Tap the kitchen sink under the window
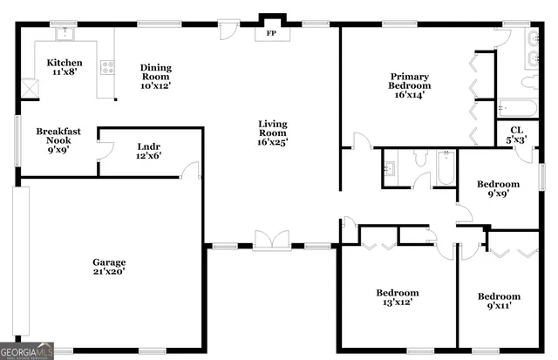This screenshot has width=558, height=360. tap(63, 35)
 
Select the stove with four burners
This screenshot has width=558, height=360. tap(109, 66)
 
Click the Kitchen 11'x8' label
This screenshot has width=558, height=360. tap(65, 68)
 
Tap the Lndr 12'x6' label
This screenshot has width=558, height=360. tap(149, 151)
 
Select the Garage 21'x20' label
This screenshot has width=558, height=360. tap(110, 267)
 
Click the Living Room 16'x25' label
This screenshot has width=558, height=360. tap(272, 132)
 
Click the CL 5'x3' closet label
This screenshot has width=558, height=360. tap(517, 134)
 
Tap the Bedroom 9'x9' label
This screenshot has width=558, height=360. tap(498, 189)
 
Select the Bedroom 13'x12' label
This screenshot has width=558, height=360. tap(398, 298)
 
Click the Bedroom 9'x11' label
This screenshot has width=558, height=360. tap(499, 302)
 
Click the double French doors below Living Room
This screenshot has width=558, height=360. tap(272, 239)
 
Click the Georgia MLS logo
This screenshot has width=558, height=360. tap(27, 350)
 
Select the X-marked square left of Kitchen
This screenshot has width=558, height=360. tap(28, 88)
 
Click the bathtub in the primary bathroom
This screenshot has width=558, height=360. tap(518, 110)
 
